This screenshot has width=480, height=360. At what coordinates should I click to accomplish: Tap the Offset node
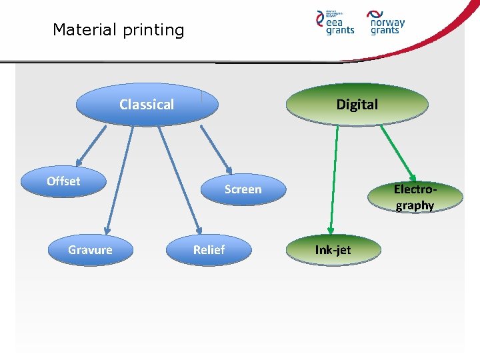click(63, 181)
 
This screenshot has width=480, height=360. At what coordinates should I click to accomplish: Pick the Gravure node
click(90, 250)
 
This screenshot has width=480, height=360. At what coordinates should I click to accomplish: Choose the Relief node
click(209, 250)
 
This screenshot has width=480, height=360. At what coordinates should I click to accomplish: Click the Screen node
click(243, 189)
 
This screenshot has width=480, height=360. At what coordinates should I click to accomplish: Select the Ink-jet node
click(333, 250)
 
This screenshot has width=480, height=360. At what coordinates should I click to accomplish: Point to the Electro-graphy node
click(415, 198)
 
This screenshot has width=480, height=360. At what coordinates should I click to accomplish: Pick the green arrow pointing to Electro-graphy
click(398, 153)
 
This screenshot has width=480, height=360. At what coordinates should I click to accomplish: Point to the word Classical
click(147, 105)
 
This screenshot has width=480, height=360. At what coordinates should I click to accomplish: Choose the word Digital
click(357, 105)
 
